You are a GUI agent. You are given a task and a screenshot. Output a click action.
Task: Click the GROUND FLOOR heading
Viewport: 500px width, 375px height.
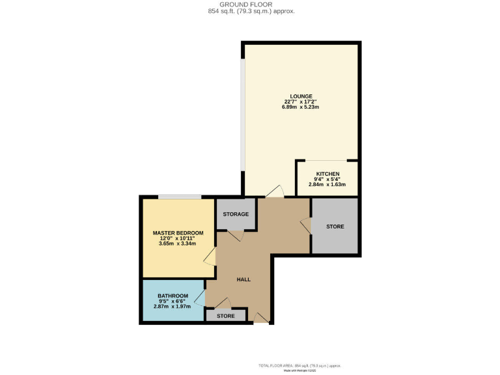pyautogui.click(x=250, y=5)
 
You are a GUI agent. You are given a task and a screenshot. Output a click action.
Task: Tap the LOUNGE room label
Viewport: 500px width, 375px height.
pyautogui.click(x=301, y=96)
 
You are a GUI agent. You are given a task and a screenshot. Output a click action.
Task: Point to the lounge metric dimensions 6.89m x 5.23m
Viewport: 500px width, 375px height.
pyautogui.click(x=301, y=107)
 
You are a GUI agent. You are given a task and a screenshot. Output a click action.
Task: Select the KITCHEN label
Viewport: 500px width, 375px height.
pyautogui.click(x=327, y=174)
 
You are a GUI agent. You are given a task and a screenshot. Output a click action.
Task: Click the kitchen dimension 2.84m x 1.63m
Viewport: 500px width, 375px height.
pyautogui.click(x=327, y=185)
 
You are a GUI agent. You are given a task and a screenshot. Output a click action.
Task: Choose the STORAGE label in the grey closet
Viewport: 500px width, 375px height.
pyautogui.click(x=236, y=214)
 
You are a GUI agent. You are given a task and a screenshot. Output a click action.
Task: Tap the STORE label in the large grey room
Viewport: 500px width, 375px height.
pyautogui.click(x=335, y=227)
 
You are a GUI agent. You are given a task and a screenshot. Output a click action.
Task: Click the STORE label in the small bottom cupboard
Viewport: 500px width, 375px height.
pyautogui.click(x=225, y=316)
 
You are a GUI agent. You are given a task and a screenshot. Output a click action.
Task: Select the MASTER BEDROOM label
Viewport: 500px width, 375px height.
pyautogui.click(x=178, y=233)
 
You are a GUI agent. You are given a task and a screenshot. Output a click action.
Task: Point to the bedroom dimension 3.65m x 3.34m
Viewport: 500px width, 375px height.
pyautogui.click(x=178, y=244)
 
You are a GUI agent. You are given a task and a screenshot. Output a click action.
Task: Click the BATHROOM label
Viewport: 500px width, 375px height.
pyautogui.click(x=173, y=296)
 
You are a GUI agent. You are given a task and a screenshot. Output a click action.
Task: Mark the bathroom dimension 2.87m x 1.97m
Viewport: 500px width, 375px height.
pyautogui.click(x=173, y=306)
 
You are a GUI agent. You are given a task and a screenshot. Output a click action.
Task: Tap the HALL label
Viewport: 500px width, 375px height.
pyautogui.click(x=243, y=279)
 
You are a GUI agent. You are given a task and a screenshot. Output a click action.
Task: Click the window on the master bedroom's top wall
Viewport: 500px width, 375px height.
pyautogui.click(x=178, y=197)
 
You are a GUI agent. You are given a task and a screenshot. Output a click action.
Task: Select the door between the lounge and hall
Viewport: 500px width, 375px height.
pyautogui.click(x=275, y=191)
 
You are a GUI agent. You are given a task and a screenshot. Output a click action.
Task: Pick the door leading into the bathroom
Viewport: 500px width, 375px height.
pyautogui.click(x=200, y=299)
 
